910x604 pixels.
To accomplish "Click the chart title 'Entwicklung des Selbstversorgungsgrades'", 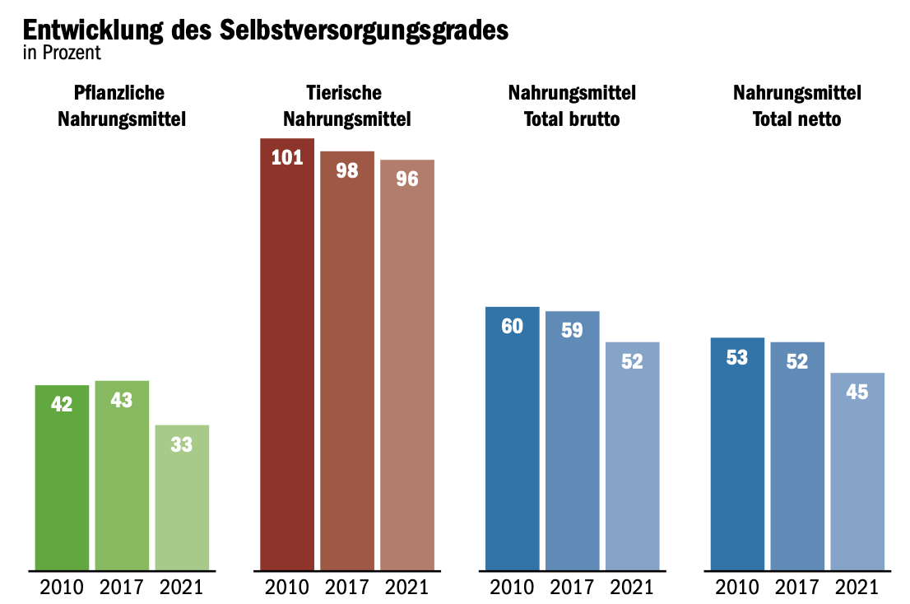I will pyautogui.click(x=265, y=30).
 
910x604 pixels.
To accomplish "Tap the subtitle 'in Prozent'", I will pyautogui.click(x=62, y=53).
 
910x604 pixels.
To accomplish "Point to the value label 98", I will pyautogui.click(x=347, y=172).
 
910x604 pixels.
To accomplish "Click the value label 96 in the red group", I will pyautogui.click(x=407, y=179).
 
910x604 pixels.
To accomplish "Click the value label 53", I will pyautogui.click(x=737, y=358).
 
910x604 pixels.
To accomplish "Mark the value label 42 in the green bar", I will pyautogui.click(x=62, y=404).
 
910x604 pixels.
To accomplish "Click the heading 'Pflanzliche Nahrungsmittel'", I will pyautogui.click(x=122, y=106).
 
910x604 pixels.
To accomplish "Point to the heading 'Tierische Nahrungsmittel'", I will pyautogui.click(x=347, y=106).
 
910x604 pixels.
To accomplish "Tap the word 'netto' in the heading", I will pyautogui.click(x=818, y=119).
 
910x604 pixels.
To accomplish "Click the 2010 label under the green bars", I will pyautogui.click(x=62, y=588).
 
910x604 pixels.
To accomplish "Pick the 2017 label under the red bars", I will pyautogui.click(x=347, y=588).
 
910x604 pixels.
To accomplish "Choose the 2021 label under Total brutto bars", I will pyautogui.click(x=632, y=588).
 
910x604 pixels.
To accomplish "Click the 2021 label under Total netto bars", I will pyautogui.click(x=857, y=588).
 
